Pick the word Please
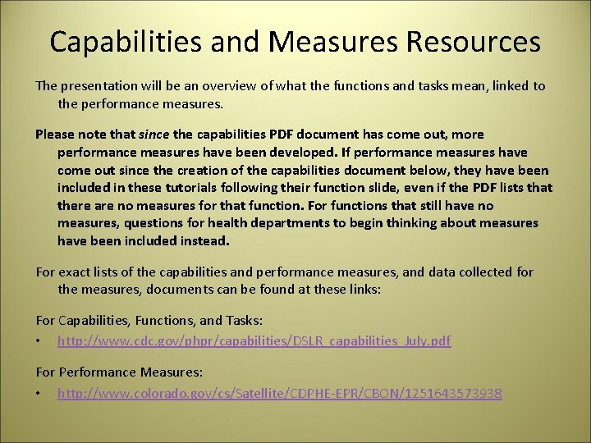point(55,135)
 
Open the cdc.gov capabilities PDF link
point(254,341)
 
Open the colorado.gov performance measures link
point(279,394)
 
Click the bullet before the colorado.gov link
point(39,395)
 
